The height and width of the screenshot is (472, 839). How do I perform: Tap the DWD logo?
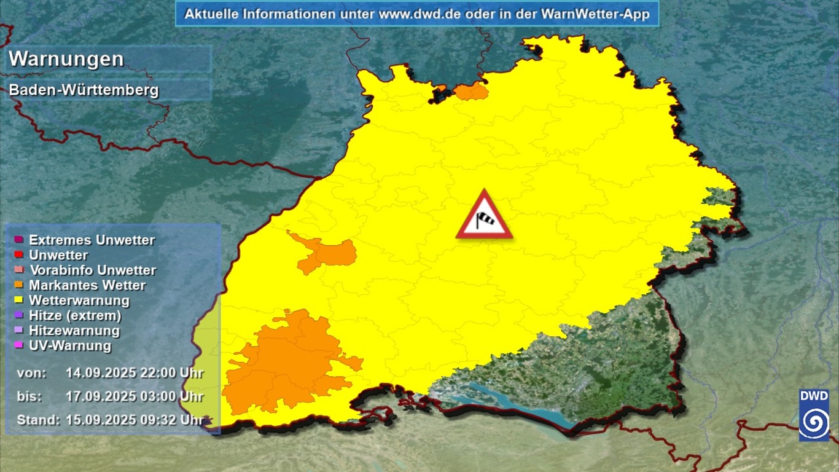pyautogui.click(x=814, y=415)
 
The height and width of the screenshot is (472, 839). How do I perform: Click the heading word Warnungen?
pyautogui.click(x=66, y=59)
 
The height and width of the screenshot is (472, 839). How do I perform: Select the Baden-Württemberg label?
pyautogui.click(x=84, y=90)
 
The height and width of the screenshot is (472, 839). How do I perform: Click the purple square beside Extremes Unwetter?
pyautogui.click(x=18, y=240)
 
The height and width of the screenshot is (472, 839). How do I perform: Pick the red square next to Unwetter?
pyautogui.click(x=18, y=255)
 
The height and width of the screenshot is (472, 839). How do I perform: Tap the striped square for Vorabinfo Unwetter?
pyautogui.click(x=18, y=270)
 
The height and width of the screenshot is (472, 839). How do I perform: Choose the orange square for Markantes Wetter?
pyautogui.click(x=18, y=285)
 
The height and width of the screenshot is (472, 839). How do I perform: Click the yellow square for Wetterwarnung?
pyautogui.click(x=18, y=300)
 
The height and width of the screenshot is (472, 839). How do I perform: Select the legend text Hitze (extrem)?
pyautogui.click(x=75, y=315)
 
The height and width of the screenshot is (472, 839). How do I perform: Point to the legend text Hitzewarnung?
pyautogui.click(x=74, y=331)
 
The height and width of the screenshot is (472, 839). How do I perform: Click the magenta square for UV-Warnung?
pyautogui.click(x=18, y=345)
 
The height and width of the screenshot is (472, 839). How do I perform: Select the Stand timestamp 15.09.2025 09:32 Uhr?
pyautogui.click(x=135, y=420)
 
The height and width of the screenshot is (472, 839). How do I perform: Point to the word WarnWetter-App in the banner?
pyautogui.click(x=595, y=14)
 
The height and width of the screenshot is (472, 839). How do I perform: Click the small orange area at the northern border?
pyautogui.click(x=471, y=92)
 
